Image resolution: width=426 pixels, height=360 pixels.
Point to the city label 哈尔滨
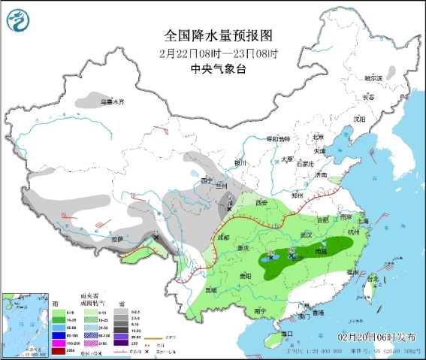click(373, 77)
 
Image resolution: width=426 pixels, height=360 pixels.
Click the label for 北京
click(318, 137)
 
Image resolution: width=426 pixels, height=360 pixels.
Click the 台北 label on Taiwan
click(372, 279)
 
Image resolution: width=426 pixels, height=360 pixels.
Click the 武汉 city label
click(307, 235)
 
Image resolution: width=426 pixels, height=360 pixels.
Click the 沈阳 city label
click(360, 119)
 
